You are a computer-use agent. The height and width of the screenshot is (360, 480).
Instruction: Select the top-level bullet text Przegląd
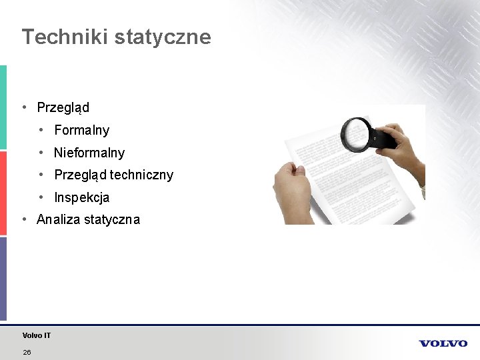pos(63,107)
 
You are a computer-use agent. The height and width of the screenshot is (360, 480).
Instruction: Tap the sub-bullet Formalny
pos(81,130)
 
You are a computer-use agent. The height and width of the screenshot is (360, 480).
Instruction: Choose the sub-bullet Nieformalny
pos(89,153)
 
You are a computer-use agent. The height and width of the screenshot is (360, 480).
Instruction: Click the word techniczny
pos(141,175)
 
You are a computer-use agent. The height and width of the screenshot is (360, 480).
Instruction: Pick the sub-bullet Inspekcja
pos(81,197)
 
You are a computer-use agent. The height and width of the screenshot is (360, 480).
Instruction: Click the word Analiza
pos(59,219)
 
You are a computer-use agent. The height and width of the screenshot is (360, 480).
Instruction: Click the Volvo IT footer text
pos(36,335)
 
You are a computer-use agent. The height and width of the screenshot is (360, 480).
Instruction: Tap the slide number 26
pos(27,352)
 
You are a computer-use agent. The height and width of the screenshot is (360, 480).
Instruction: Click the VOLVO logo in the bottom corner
pos(443,343)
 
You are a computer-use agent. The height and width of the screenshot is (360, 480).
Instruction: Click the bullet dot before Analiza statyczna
pos(23,219)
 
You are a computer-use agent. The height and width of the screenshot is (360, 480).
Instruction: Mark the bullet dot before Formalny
pos(41,129)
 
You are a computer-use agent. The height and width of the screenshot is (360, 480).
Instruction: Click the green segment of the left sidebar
pos(3,107)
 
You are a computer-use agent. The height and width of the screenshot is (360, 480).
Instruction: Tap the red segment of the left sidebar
pos(3,193)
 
